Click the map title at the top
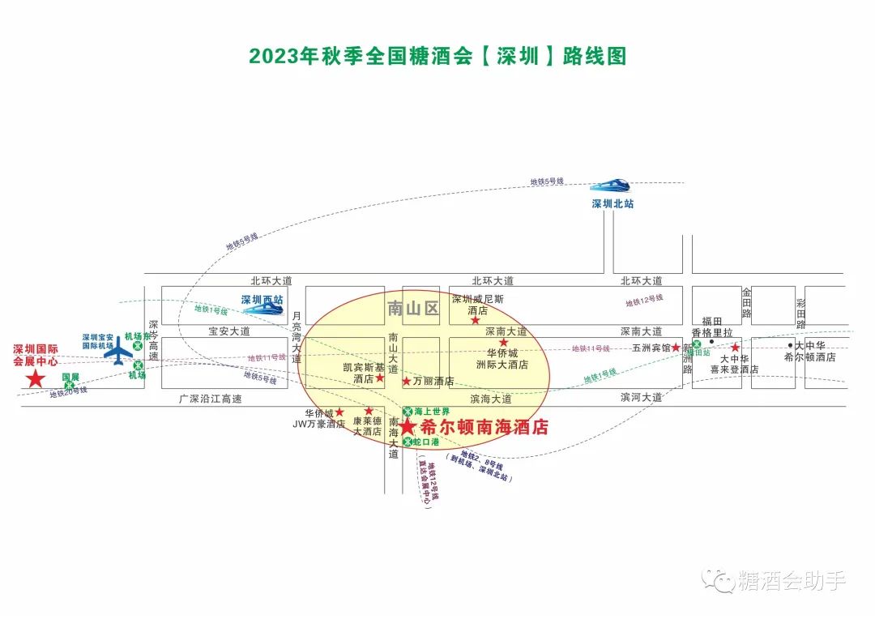(437, 56)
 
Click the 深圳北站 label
(612, 203)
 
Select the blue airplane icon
(120, 351)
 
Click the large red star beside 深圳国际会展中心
(36, 378)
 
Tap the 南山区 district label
(412, 308)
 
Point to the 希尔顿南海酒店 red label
(484, 427)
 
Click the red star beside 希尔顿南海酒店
(408, 427)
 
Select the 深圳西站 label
(262, 300)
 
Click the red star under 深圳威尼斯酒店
(476, 321)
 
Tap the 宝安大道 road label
(229, 331)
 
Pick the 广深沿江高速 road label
(211, 399)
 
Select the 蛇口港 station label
(425, 442)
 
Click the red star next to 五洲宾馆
(676, 348)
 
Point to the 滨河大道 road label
(641, 398)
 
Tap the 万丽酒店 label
(433, 381)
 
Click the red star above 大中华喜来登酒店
(736, 348)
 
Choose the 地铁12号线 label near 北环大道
(644, 301)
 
